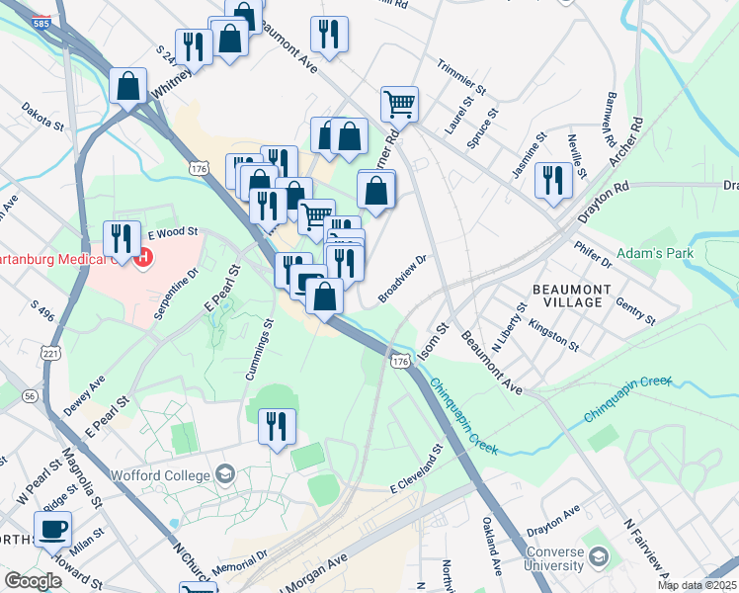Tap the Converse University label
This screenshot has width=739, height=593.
558,559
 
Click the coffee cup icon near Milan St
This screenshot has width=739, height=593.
52,528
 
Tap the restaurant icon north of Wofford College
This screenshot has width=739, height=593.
276,426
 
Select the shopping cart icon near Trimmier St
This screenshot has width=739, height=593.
399,103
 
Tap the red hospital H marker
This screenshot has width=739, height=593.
143,260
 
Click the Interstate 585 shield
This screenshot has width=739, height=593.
41,21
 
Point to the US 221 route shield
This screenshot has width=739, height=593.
50,353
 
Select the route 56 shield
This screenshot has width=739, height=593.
32,394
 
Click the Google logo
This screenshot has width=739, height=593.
33,581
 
